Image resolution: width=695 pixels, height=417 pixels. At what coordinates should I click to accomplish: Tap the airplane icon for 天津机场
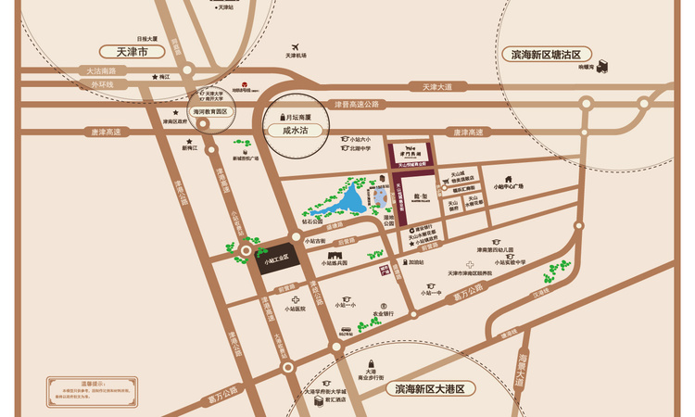click(296, 46)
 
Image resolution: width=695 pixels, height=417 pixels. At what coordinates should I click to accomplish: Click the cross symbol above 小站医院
click(296, 300)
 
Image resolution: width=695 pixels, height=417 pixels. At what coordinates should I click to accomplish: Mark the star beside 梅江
click(154, 77)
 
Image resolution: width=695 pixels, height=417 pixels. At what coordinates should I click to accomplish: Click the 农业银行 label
click(384, 313)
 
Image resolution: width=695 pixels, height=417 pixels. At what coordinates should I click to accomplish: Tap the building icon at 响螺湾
click(601, 66)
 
